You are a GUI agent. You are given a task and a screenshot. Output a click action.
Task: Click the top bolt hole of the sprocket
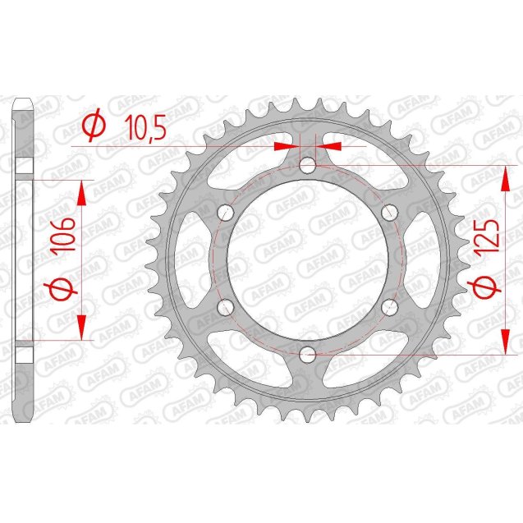(x=307, y=167)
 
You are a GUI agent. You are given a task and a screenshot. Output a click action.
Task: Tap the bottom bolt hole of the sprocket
(x=307, y=354)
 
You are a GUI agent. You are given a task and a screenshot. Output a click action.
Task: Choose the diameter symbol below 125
(x=489, y=289)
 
